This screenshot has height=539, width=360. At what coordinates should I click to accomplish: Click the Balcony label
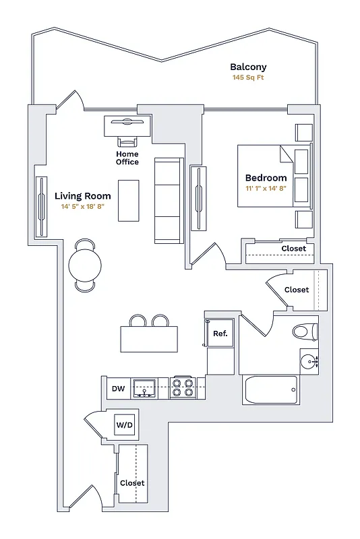[x=248, y=67]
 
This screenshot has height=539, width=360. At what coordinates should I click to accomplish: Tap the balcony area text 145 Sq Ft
[x=248, y=78]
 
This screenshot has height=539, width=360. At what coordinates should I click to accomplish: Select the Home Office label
[x=127, y=158]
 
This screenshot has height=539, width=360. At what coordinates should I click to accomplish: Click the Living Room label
[x=82, y=196]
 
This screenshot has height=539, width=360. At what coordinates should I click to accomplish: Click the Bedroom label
[x=266, y=178]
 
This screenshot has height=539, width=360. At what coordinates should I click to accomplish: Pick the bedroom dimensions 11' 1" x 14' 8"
[x=266, y=189]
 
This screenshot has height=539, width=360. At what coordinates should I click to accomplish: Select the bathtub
[x=270, y=389]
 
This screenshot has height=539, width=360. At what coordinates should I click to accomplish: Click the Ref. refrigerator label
[x=220, y=334]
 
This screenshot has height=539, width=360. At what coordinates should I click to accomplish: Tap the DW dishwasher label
[x=118, y=389]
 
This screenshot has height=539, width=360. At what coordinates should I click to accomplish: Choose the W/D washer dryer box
[x=125, y=425]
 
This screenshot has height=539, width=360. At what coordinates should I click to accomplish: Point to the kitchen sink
[x=144, y=387]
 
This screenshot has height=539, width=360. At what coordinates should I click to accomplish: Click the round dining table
[x=86, y=265]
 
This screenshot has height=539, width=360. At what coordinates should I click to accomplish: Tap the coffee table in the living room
[x=129, y=200]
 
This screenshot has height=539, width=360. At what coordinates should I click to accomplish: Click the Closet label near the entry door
[x=132, y=483]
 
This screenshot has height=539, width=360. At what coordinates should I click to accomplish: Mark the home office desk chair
[x=127, y=141]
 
